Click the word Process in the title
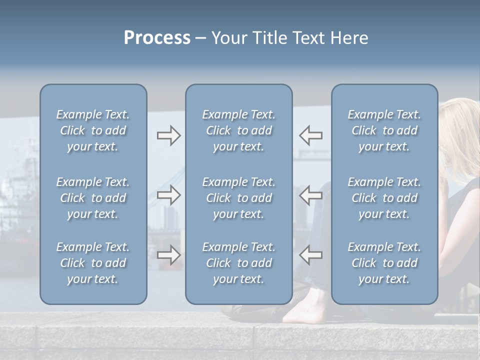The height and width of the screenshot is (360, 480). (x=157, y=38)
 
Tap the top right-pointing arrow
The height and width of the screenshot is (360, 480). (x=168, y=135)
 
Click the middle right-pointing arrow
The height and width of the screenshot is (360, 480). (x=168, y=195)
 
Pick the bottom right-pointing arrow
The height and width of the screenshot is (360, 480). (x=168, y=255)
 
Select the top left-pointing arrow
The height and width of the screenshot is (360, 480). (x=310, y=135)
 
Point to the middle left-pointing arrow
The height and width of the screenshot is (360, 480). (x=310, y=195)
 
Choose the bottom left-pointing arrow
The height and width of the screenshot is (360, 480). (x=310, y=255)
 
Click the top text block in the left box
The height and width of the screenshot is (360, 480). (x=93, y=130)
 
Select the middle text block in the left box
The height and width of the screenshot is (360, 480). (x=93, y=198)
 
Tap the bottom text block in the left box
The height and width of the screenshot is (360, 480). (x=93, y=263)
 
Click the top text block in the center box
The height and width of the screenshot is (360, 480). (x=238, y=130)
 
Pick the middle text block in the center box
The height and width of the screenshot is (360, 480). (x=238, y=198)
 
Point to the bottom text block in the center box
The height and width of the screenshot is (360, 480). (x=238, y=263)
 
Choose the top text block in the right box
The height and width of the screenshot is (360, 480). (x=384, y=130)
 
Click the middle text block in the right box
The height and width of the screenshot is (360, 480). (x=384, y=198)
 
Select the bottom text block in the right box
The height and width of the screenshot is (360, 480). (x=384, y=263)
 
